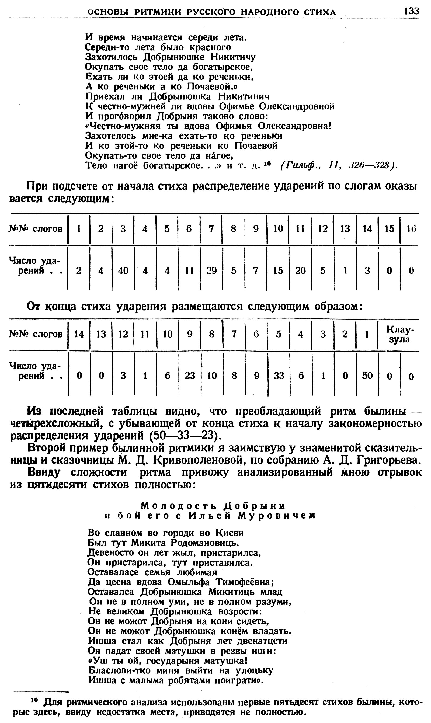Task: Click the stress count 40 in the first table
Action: pyautogui.click(x=123, y=271)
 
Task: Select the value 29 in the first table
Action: pyautogui.click(x=211, y=271)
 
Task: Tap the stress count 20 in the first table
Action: pyautogui.click(x=300, y=271)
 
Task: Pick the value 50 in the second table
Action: pyautogui.click(x=367, y=376)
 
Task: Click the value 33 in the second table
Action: pyautogui.click(x=279, y=376)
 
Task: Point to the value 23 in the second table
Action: pyautogui.click(x=190, y=376)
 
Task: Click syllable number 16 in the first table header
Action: pyautogui.click(x=411, y=229)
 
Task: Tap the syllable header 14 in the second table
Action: pyautogui.click(x=79, y=334)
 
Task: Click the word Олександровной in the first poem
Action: pyautogui.click(x=297, y=107)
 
